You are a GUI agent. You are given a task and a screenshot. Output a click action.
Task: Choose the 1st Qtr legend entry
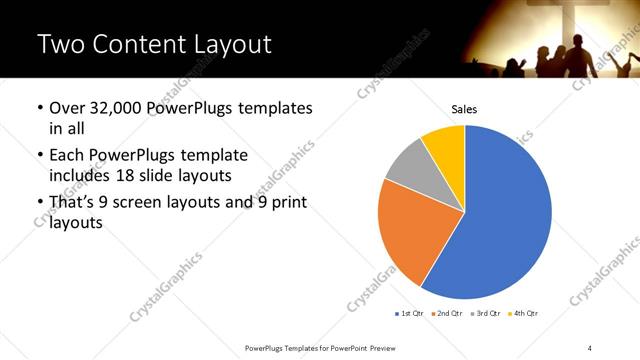(x=410, y=314)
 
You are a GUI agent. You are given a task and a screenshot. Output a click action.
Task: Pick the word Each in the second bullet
(x=67, y=156)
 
